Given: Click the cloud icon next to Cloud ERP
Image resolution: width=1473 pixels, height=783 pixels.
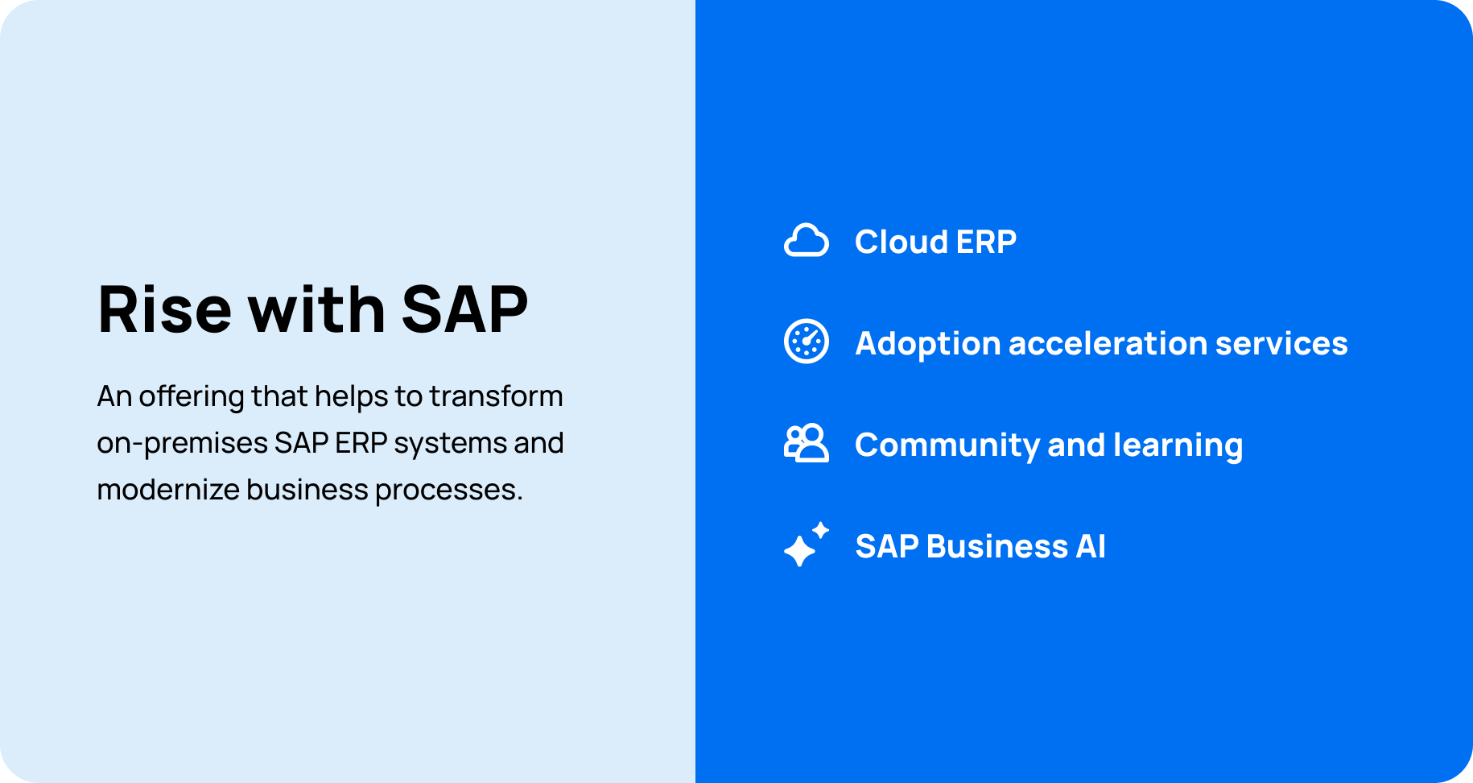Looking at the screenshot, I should point(806,241).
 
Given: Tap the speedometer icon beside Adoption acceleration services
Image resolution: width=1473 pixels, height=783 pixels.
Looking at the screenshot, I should point(806,342).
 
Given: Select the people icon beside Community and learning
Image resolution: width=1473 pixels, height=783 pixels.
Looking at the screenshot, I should point(806,443).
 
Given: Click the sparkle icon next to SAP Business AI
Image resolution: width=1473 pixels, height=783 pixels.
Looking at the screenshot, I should point(806,545).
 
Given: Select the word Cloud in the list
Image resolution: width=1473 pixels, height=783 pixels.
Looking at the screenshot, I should point(889,242).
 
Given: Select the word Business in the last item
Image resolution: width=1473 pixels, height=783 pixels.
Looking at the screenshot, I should point(997,547).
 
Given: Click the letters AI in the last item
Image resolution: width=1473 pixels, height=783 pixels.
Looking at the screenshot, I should point(1091,547).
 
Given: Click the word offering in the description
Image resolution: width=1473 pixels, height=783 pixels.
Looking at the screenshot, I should point(191,397).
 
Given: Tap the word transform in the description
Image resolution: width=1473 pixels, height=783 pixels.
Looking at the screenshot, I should point(496,396).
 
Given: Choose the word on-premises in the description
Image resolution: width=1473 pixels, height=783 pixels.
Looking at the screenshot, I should point(182,444).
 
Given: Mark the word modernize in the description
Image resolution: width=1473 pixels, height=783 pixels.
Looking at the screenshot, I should point(167,490).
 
